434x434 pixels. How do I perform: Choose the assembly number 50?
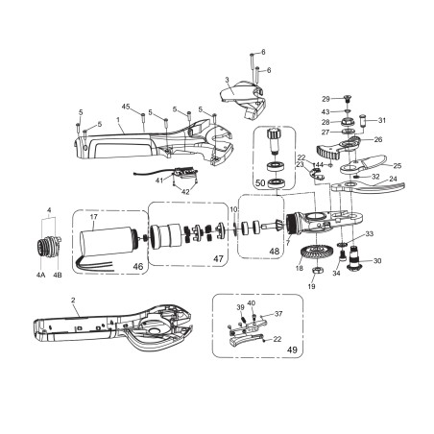tap(258, 182)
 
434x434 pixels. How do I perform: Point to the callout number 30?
tap(376, 261)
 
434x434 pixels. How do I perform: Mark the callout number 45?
tap(126, 106)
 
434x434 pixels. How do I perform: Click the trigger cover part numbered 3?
tap(238, 96)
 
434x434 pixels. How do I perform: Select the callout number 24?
tap(392, 179)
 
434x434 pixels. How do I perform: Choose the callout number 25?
tap(397, 166)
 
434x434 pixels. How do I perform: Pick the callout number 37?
tap(278, 314)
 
